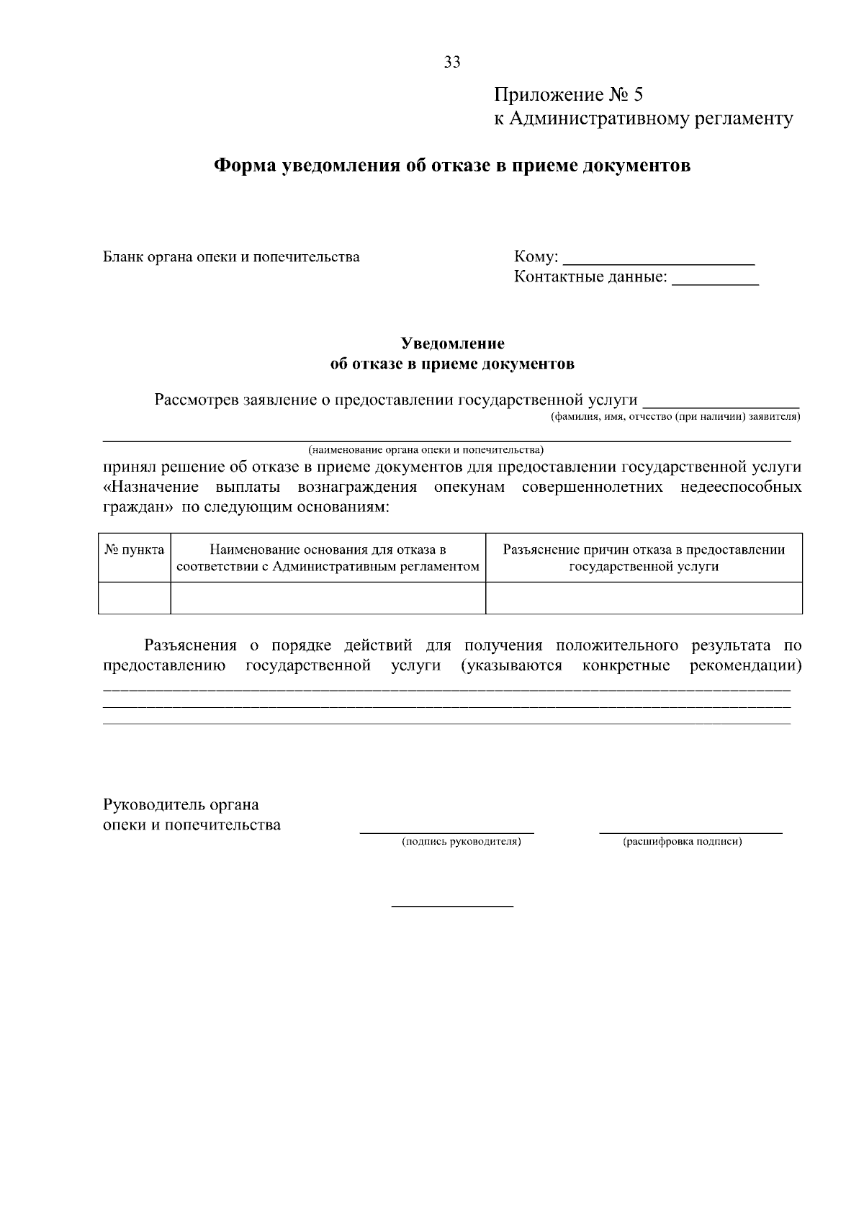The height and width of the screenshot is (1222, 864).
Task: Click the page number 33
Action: click(452, 62)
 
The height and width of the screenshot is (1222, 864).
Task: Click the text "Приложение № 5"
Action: click(567, 95)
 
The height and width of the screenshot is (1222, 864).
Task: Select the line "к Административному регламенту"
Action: click(643, 118)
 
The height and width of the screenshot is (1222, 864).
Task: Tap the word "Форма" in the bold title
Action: click(245, 166)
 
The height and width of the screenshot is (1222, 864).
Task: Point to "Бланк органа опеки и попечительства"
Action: click(231, 257)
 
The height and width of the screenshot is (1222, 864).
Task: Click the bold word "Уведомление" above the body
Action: click(452, 343)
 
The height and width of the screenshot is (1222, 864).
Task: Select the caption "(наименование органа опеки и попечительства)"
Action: click(426, 450)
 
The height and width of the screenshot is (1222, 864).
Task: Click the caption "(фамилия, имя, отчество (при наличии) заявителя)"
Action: click(675, 417)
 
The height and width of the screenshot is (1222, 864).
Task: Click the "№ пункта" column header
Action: click(134, 550)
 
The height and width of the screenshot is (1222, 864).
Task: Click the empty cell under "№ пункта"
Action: click(134, 598)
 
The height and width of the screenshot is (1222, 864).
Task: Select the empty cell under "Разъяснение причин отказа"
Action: click(644, 598)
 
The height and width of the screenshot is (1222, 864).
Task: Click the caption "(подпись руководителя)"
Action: click(461, 841)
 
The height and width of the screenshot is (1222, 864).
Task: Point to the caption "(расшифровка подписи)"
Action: click(682, 841)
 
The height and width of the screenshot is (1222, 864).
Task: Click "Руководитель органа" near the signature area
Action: click(181, 804)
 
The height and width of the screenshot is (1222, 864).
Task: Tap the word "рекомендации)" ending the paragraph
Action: click(745, 665)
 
